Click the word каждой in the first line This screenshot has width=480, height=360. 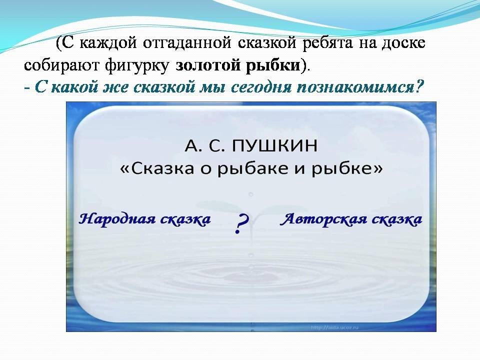(108, 43)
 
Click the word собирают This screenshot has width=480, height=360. (60, 65)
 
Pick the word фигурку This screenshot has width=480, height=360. (136, 65)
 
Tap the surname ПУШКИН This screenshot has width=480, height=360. (274, 145)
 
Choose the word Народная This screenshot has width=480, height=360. (116, 219)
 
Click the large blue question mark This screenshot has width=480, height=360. (242, 223)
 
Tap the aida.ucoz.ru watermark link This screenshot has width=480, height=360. (334, 327)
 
